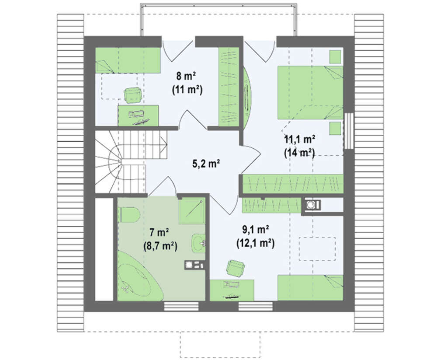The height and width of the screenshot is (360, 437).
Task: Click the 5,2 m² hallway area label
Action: coord(206,164)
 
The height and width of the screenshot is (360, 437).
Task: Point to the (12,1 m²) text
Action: coord(256,244)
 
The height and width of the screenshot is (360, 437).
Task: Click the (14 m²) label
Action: coord(299,153)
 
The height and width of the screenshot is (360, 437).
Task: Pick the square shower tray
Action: coord(191,211)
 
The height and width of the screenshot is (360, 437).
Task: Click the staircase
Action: coord(131,162)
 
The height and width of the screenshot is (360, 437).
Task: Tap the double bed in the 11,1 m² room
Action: coord(310,92)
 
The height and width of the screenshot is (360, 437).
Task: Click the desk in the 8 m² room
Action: coord(138,115)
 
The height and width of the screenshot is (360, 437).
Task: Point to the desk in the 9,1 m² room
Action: coord(232,290)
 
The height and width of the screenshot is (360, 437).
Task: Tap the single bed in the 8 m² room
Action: coord(128,60)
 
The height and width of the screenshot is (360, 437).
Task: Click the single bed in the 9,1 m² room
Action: coord(310,288)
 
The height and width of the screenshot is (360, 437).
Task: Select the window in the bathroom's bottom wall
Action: coord(181,306)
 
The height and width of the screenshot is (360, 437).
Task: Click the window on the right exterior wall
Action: coord(348,131)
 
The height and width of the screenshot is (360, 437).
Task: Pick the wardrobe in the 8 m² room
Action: coord(229,87)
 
